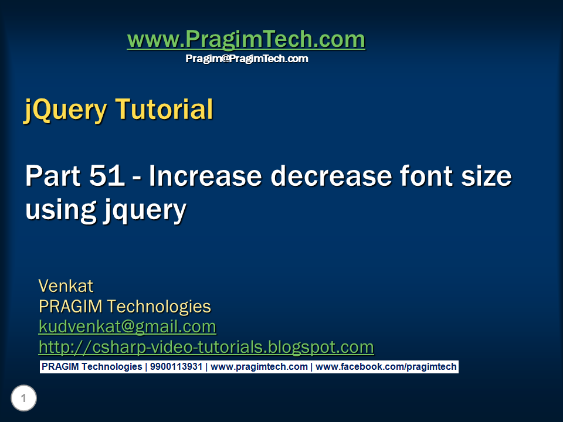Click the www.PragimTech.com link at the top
pyautogui.click(x=246, y=40)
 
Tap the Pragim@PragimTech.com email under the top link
pyautogui.click(x=247, y=59)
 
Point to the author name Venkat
pyautogui.click(x=66, y=286)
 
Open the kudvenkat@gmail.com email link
pyautogui.click(x=127, y=326)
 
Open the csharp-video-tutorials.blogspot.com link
pyautogui.click(x=206, y=347)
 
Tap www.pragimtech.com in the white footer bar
pyautogui.click(x=259, y=367)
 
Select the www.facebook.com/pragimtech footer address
pyautogui.click(x=386, y=367)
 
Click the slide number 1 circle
pyautogui.click(x=23, y=399)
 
